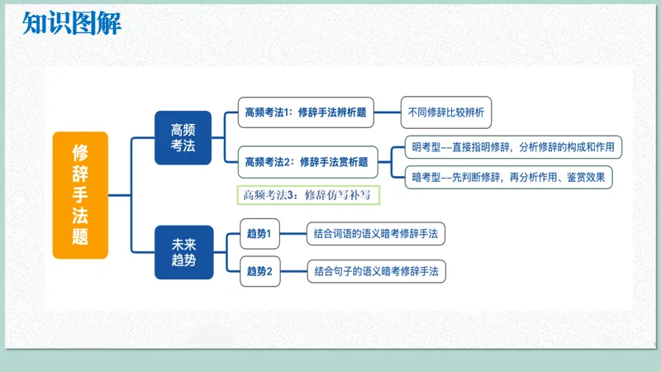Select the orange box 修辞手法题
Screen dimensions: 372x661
[80, 194]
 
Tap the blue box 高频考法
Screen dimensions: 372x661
[183, 138]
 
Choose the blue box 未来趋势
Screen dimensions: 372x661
[183, 252]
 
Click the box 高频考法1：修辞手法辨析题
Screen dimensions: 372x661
[306, 112]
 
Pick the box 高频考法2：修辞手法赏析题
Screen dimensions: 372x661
[306, 162]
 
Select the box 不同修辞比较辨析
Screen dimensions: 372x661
[446, 112]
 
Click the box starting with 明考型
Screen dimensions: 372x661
[513, 147]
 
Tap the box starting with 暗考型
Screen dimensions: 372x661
[513, 177]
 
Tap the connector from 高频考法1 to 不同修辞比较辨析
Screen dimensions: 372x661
[388, 112]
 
